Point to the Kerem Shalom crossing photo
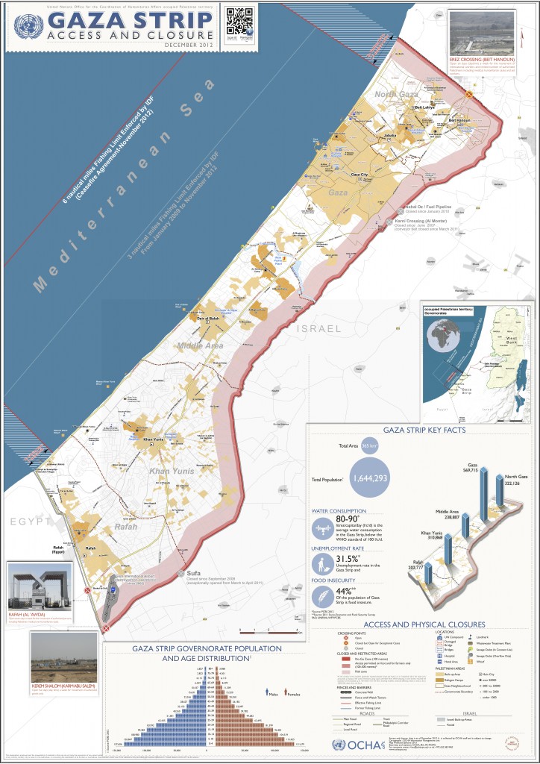(64, 655)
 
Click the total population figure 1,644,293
(371, 477)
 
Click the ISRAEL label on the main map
(319, 328)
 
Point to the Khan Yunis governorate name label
(172, 472)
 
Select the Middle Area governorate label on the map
(199, 346)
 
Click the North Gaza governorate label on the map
(396, 94)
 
